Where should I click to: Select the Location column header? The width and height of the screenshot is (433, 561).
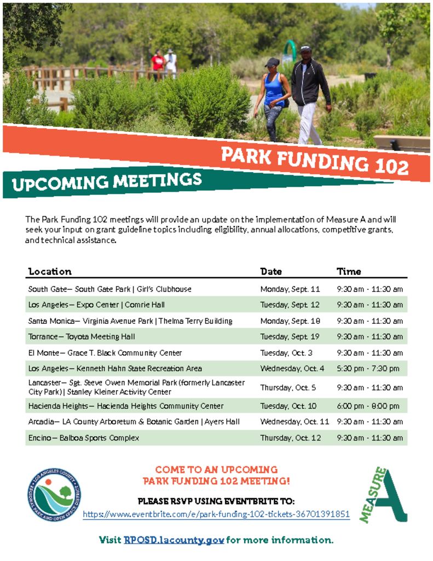point(50,272)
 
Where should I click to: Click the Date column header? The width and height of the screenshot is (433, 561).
point(271,272)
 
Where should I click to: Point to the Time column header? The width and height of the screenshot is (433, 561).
point(349,272)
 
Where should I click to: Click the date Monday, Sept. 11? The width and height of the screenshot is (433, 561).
point(290,289)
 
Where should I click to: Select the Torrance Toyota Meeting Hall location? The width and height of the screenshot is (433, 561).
point(82,337)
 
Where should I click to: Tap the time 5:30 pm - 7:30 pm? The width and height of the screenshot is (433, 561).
point(368,369)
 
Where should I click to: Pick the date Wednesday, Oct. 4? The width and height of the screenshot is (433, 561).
point(292,369)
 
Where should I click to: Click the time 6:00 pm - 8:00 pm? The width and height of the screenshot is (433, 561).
point(368,406)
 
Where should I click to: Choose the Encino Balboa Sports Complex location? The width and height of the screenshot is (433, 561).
point(84,438)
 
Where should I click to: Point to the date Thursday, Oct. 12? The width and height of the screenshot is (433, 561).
point(290,438)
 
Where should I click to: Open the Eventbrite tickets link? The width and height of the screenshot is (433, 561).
point(216,514)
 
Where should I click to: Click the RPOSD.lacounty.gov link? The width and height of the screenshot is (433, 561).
point(174,540)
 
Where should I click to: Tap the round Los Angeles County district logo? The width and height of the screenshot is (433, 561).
point(54,495)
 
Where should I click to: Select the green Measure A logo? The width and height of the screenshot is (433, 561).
point(383,495)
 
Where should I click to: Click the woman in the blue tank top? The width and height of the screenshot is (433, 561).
point(273,99)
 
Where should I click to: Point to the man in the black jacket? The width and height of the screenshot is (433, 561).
point(310,95)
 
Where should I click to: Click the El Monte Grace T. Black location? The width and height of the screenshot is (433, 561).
point(105,353)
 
